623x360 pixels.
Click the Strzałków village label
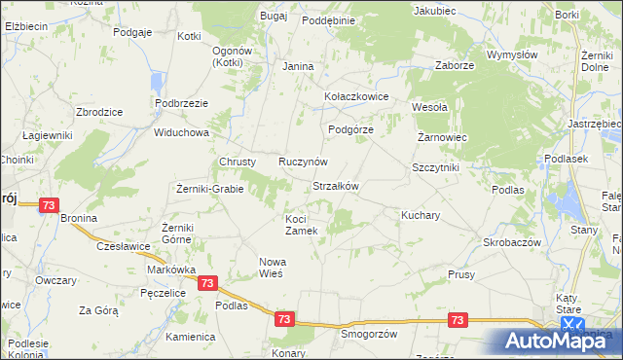(336, 186)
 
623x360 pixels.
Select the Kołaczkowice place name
(356, 97)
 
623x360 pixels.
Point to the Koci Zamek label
(301, 224)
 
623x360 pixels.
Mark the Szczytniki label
(435, 167)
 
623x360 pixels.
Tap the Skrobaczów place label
(511, 241)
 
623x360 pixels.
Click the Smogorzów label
(369, 333)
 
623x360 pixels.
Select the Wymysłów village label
(512, 55)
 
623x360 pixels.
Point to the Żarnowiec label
(443, 138)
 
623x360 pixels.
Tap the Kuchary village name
(421, 213)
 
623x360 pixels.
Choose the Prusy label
(461, 275)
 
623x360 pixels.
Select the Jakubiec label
(434, 11)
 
